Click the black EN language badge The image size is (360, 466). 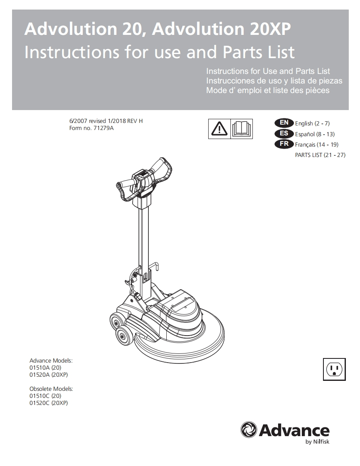point(284,123)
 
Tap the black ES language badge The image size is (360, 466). point(284,133)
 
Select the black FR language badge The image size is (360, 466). point(284,144)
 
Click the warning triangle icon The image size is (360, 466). point(219,129)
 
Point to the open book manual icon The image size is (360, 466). point(241,129)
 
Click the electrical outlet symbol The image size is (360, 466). point(334,369)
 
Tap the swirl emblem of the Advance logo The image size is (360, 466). point(249,429)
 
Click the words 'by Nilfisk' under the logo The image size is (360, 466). point(317,442)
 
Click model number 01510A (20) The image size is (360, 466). point(45,368)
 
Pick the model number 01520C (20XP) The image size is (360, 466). point(49,403)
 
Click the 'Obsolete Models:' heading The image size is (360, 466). point(51,389)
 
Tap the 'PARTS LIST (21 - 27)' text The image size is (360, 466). point(320,155)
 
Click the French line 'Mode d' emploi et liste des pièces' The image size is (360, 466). point(268,91)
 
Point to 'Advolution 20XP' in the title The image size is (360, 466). point(222,29)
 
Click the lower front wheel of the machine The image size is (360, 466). point(124,336)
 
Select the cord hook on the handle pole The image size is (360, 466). point(154,265)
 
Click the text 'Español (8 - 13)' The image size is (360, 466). point(315,134)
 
